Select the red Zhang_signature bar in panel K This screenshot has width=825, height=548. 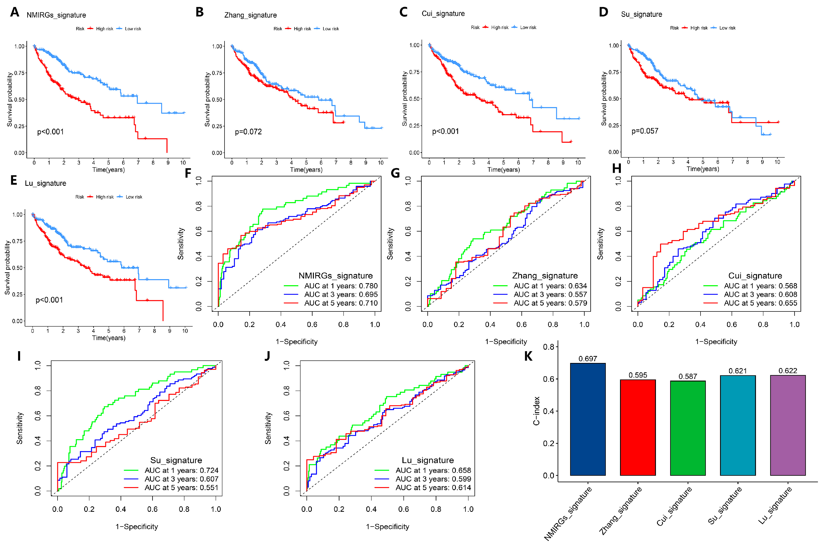click(x=638, y=427)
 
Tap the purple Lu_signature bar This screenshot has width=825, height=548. click(x=788, y=425)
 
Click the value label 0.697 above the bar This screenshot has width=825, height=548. click(x=588, y=359)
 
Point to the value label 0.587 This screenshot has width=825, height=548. click(x=688, y=376)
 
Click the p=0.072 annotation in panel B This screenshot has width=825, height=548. click(x=248, y=132)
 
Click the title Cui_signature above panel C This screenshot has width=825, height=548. click(x=443, y=14)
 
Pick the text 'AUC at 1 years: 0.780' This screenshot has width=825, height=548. click(x=341, y=286)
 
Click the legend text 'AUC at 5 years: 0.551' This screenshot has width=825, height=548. click(x=181, y=488)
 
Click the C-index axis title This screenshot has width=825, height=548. click(x=536, y=411)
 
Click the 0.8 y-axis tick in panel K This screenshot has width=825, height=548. click(x=548, y=347)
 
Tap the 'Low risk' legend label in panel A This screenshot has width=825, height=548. click(x=133, y=29)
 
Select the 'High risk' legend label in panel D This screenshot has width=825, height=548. click(x=699, y=28)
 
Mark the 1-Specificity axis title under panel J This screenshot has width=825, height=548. click(x=387, y=527)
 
